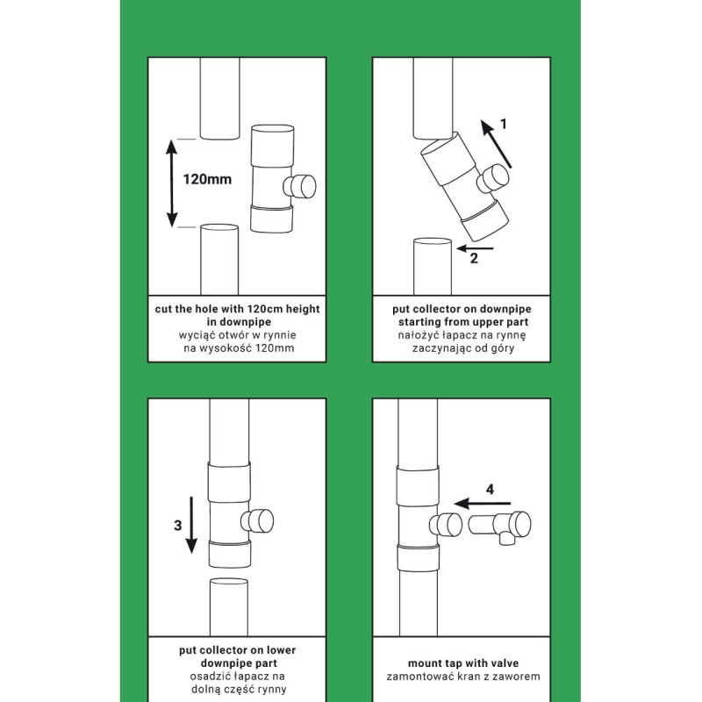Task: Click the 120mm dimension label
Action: coord(207,180)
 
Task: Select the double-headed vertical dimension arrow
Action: coord(172,183)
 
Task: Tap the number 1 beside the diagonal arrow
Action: coord(503,124)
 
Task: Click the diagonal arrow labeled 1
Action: coord(496,144)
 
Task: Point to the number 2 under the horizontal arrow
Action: coord(474,258)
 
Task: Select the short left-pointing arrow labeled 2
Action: coord(475,248)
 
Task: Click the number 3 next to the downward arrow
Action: coord(178,525)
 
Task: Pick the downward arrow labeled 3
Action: coord(191,525)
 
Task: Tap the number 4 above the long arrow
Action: coord(490,490)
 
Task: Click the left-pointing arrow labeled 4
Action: coord(482,504)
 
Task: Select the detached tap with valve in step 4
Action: coord(499,526)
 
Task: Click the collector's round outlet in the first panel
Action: coord(300,186)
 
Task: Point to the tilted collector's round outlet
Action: coord(493,178)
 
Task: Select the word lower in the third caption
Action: coord(282,650)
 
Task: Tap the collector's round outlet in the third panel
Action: coord(257,521)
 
